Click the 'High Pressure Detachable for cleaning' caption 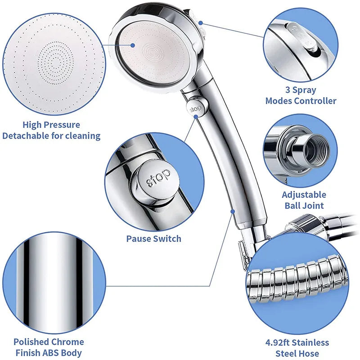coord(51,130)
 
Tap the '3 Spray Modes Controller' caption coord(301,95)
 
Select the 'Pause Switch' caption coord(153,238)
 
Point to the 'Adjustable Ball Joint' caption coord(304,200)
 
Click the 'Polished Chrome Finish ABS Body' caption coord(49,347)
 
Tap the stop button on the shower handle coord(195,108)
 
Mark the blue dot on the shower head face coord(134,45)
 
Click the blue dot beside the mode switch coord(200,21)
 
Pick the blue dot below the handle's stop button coord(196,116)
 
